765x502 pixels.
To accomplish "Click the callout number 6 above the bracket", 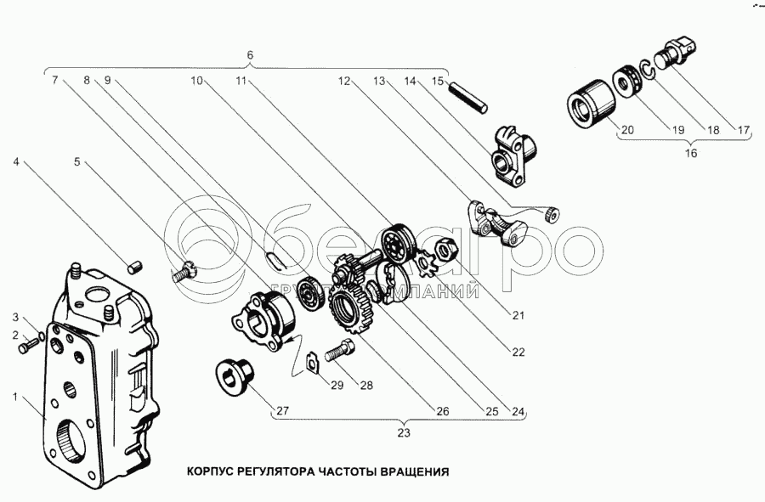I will pyautogui.click(x=250, y=55).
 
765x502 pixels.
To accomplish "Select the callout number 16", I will pyautogui.click(x=690, y=154).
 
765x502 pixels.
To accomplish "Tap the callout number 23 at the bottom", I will pyautogui.click(x=403, y=432).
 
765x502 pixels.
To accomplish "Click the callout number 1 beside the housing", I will pyautogui.click(x=15, y=395).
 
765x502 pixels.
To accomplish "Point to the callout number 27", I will pyautogui.click(x=280, y=411).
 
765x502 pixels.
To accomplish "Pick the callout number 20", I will pyautogui.click(x=627, y=130).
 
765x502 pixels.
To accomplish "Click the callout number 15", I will pyautogui.click(x=439, y=82).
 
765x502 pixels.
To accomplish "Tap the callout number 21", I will pyautogui.click(x=518, y=314).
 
